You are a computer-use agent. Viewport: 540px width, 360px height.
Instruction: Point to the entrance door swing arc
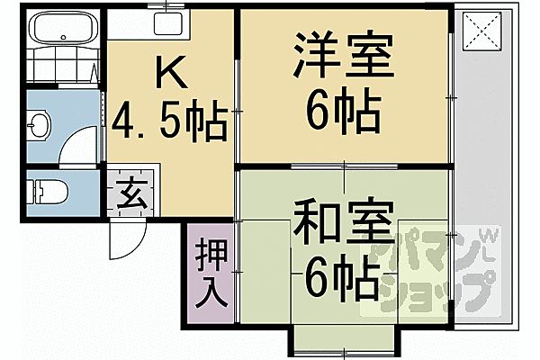123,239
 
